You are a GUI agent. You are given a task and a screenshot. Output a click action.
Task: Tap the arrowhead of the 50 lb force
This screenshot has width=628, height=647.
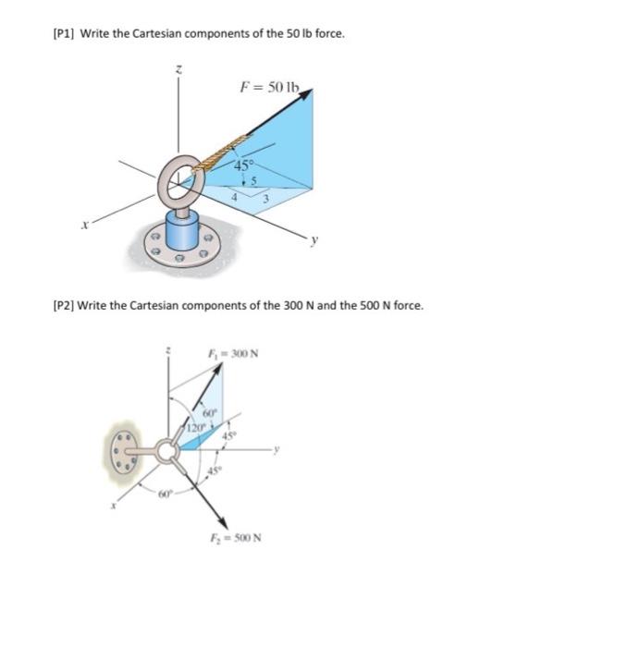[x=310, y=92]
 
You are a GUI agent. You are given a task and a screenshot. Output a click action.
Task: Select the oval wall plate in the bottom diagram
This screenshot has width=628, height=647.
[x=118, y=451]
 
